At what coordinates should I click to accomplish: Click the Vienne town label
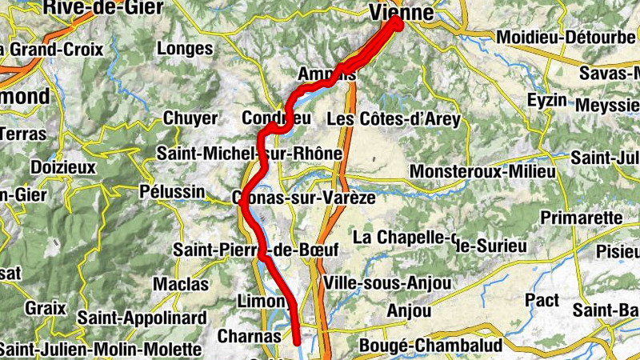pyautogui.click(x=402, y=14)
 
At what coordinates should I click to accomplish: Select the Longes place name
pyautogui.click(x=186, y=49)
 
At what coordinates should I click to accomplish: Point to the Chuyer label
pyautogui.click(x=190, y=118)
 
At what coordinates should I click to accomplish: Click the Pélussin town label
pyautogui.click(x=166, y=192)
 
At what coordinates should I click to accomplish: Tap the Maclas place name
pyautogui.click(x=181, y=284)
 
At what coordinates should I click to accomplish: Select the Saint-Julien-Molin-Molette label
pyautogui.click(x=99, y=349)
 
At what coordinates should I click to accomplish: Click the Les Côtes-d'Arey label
pyautogui.click(x=394, y=119)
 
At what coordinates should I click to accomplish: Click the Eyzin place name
pyautogui.click(x=547, y=101)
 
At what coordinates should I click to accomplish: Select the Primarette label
pyautogui.click(x=582, y=218)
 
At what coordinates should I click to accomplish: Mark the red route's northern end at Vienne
pyautogui.click(x=397, y=22)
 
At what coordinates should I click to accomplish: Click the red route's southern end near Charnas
pyautogui.click(x=298, y=342)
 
